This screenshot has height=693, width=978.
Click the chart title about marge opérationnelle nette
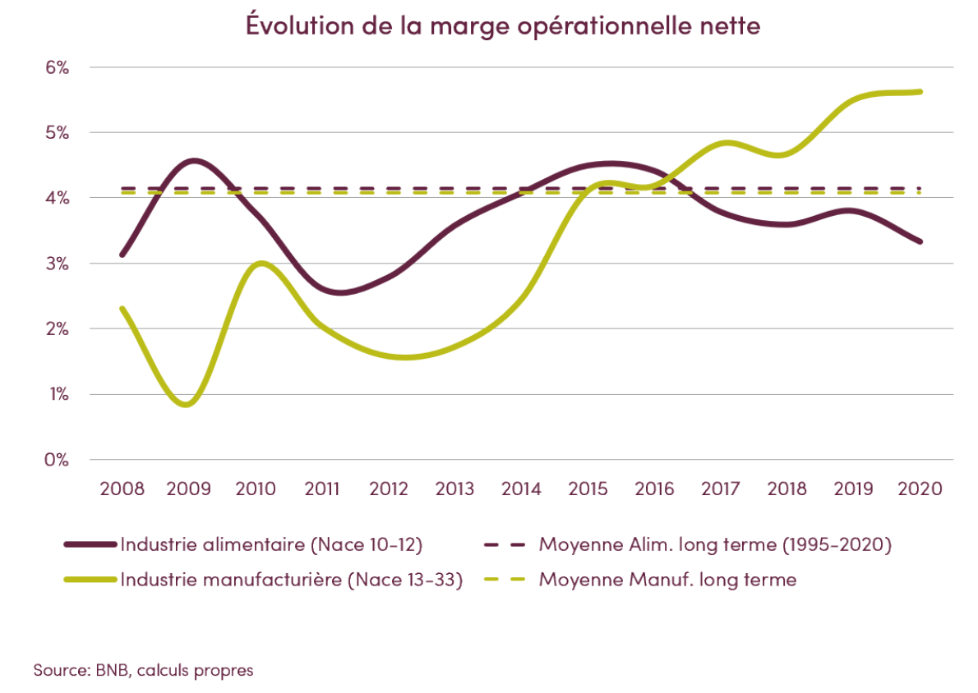(503, 25)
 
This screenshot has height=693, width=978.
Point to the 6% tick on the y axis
(56, 67)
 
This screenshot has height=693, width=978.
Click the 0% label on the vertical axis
(56, 460)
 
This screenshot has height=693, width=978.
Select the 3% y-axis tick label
(56, 264)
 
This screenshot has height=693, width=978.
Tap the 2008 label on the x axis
(122, 489)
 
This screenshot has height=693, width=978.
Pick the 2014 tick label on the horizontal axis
(521, 489)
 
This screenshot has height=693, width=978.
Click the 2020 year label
(920, 489)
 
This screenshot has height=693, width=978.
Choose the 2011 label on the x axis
(321, 489)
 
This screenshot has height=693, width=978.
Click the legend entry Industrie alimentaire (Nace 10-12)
(271, 544)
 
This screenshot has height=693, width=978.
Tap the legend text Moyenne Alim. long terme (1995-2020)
(715, 544)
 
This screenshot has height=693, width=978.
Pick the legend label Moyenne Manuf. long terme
(667, 579)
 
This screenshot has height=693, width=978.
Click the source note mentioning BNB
(143, 670)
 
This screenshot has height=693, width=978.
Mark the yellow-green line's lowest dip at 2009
(187, 404)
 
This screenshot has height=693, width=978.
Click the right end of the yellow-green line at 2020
(920, 92)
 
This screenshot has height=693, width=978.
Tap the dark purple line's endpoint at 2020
(920, 241)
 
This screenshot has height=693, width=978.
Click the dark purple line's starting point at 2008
(122, 255)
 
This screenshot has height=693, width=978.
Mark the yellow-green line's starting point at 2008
(122, 309)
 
